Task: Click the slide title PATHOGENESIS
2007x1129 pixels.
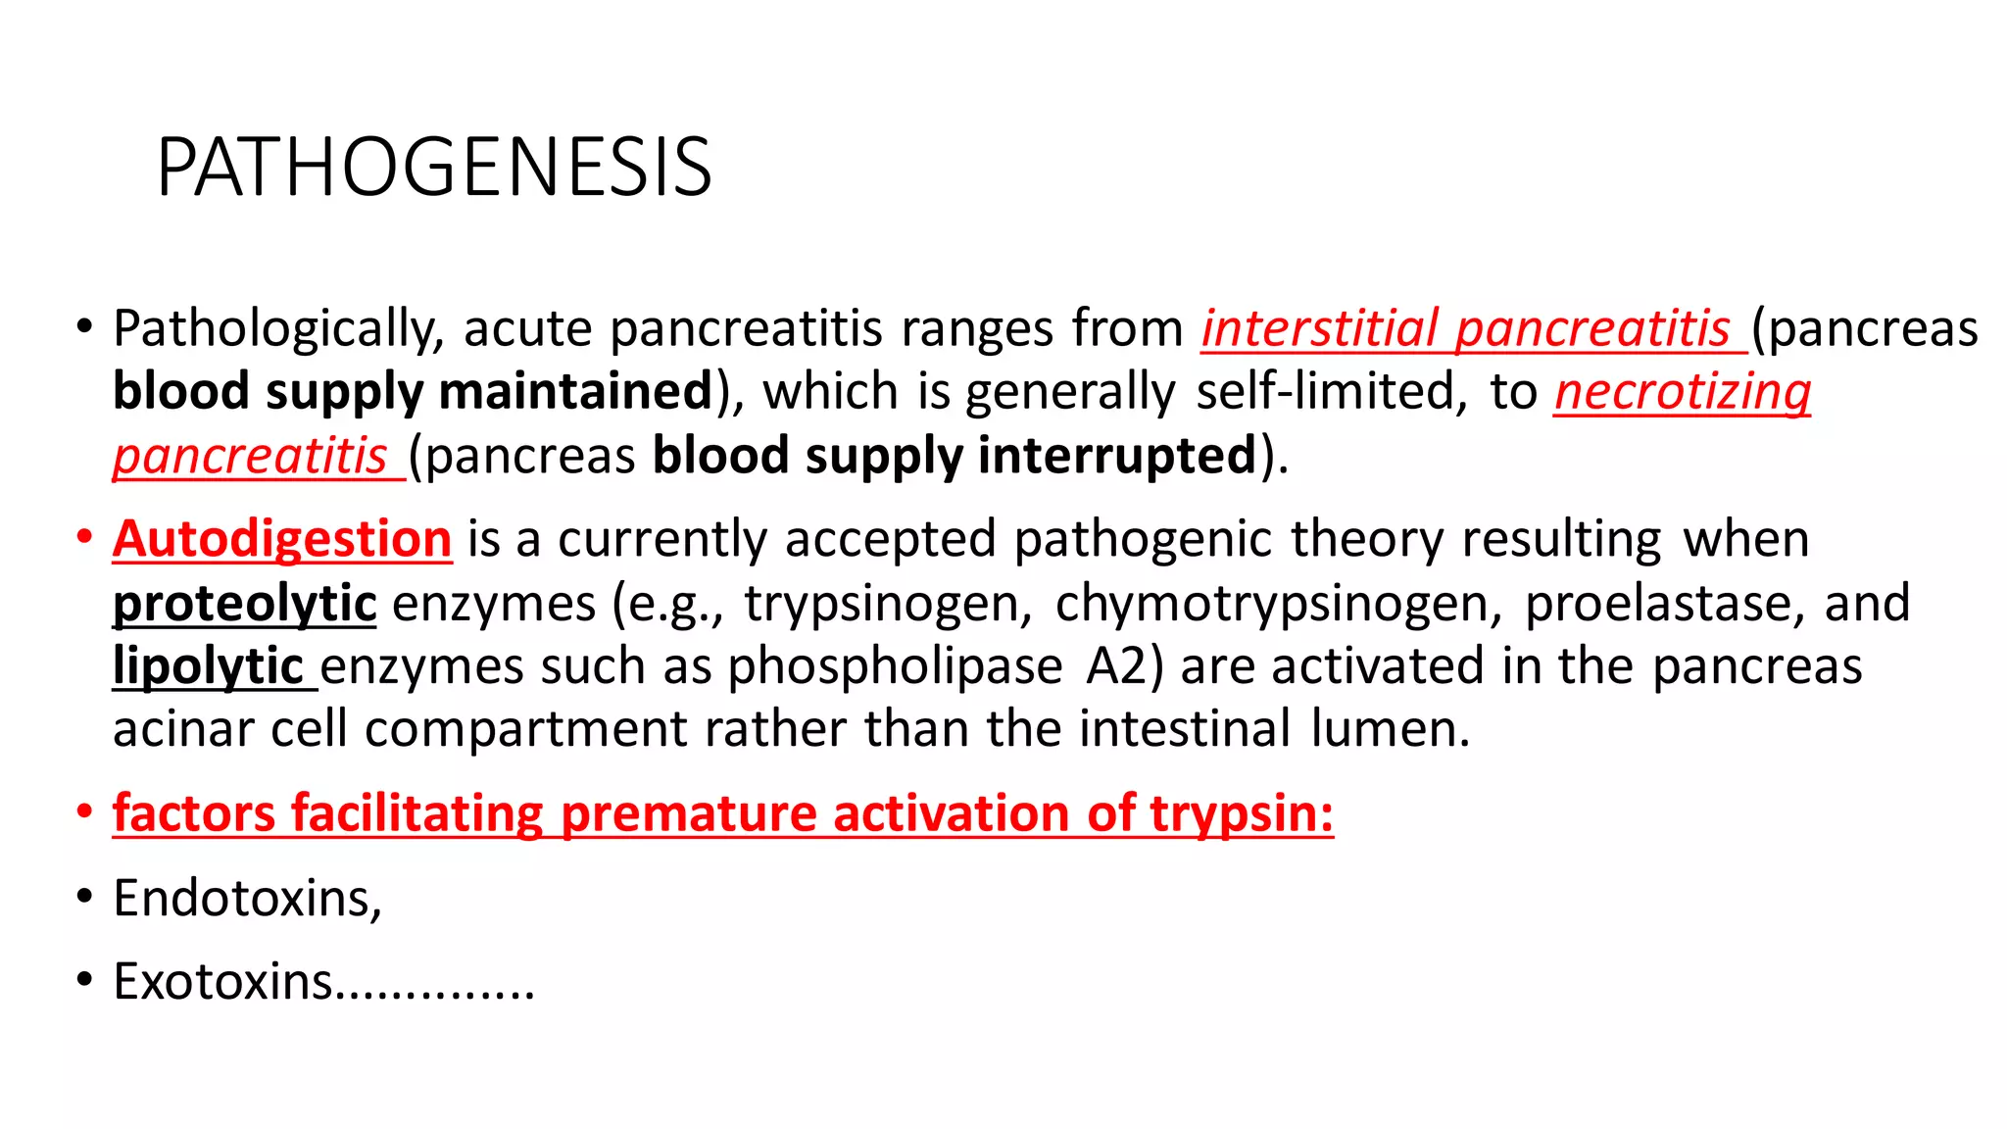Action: click(x=434, y=168)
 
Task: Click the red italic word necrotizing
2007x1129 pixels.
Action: click(x=1683, y=392)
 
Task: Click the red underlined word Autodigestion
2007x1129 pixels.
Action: click(x=282, y=539)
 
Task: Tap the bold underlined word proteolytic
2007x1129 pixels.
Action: click(x=244, y=603)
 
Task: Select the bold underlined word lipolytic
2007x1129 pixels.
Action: click(x=208, y=666)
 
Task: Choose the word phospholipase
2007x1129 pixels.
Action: click(x=895, y=666)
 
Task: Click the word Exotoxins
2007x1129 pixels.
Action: click(x=223, y=981)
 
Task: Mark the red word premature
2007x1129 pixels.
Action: click(x=689, y=813)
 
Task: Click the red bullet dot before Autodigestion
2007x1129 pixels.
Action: click(x=85, y=538)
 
